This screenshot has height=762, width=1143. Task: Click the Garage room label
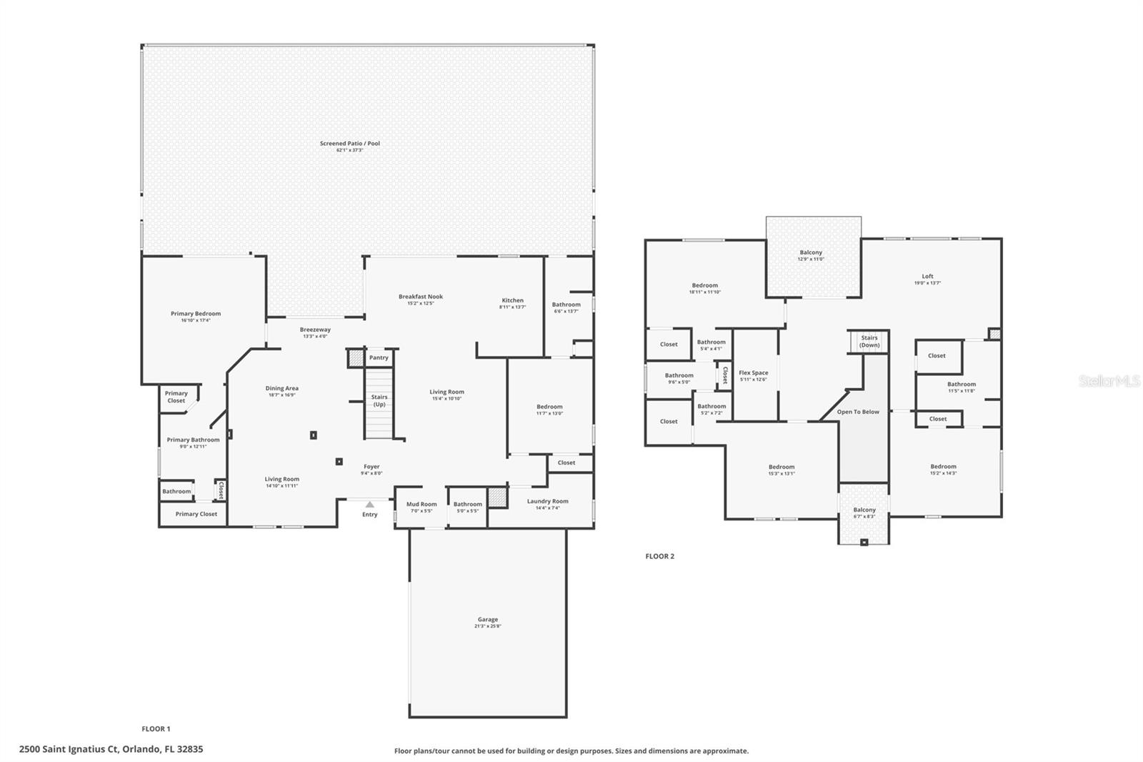(x=488, y=620)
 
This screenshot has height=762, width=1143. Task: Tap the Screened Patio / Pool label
(x=350, y=144)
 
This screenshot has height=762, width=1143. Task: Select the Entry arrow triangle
(x=369, y=505)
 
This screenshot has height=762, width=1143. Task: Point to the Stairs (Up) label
(x=379, y=400)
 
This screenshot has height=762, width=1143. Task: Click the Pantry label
(x=379, y=357)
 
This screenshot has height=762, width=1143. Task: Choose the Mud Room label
(x=421, y=504)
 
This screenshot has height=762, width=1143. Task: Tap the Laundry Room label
(x=548, y=501)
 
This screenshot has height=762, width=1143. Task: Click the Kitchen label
(x=512, y=300)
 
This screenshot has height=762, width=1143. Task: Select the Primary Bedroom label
(x=196, y=314)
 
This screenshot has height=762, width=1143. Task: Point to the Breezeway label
(x=315, y=330)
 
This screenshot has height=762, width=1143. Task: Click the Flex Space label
(x=754, y=372)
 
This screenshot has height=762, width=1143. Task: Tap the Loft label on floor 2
(x=927, y=276)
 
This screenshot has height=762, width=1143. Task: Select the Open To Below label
(x=858, y=412)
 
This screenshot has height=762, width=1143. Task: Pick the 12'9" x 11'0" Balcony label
(x=811, y=252)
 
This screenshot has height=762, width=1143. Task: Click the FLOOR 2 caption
(x=659, y=556)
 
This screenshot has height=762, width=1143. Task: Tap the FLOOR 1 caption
(x=156, y=729)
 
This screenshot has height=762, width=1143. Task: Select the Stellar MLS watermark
(x=1109, y=382)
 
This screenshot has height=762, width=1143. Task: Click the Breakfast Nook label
(x=421, y=297)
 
